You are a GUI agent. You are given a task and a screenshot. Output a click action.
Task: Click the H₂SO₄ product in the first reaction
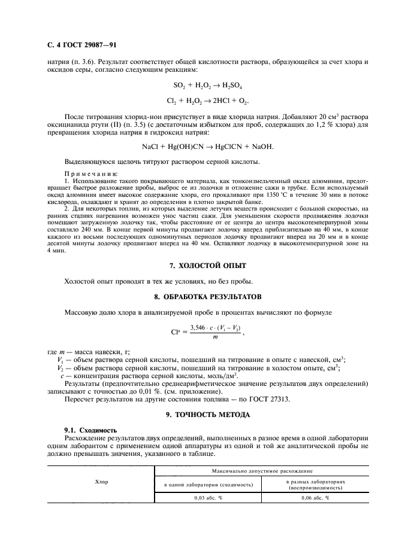(x=230, y=85)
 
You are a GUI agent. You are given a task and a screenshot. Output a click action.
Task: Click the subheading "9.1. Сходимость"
(x=90, y=430)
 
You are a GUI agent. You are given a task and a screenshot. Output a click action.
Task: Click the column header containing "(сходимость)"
(x=208, y=483)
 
